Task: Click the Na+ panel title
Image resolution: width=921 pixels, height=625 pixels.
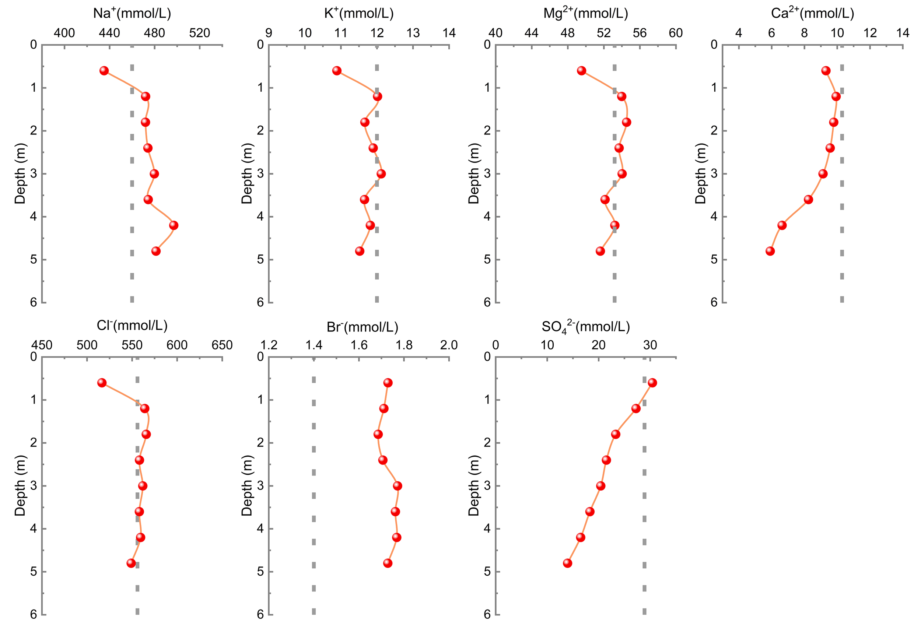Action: pyautogui.click(x=132, y=14)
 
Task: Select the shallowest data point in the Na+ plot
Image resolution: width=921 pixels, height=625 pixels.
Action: pyautogui.click(x=104, y=71)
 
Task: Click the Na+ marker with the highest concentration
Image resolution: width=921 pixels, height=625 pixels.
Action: pyautogui.click(x=174, y=225)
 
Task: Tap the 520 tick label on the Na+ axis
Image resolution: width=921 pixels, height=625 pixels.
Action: pyautogui.click(x=199, y=33)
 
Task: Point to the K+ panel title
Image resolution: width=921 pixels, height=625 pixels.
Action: pyautogui.click(x=359, y=14)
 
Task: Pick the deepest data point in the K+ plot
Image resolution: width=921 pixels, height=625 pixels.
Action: pyautogui.click(x=360, y=251)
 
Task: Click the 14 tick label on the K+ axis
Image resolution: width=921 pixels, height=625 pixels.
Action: pyautogui.click(x=449, y=33)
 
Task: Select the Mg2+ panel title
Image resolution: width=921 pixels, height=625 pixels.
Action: pyautogui.click(x=585, y=14)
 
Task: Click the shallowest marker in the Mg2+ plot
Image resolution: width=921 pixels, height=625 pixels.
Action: pyautogui.click(x=582, y=71)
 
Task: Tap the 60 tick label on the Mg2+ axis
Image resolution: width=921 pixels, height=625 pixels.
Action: pyautogui.click(x=676, y=33)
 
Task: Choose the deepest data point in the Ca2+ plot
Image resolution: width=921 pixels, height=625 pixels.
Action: pyautogui.click(x=770, y=251)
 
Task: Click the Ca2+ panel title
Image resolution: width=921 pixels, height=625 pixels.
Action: pyautogui.click(x=812, y=14)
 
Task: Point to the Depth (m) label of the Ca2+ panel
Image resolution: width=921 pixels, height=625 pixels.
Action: pyautogui.click(x=701, y=173)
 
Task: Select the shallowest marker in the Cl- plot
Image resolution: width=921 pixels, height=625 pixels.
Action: pyautogui.click(x=102, y=383)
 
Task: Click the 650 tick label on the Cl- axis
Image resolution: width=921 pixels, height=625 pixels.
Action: pyautogui.click(x=222, y=345)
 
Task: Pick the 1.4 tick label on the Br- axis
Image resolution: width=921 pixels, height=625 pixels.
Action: pyautogui.click(x=314, y=345)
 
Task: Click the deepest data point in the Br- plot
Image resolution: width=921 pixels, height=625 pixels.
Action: pyautogui.click(x=388, y=563)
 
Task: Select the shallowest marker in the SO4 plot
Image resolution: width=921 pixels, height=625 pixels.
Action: pyautogui.click(x=652, y=383)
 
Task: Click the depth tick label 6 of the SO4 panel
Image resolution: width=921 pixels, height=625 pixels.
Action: pyautogui.click(x=487, y=614)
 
